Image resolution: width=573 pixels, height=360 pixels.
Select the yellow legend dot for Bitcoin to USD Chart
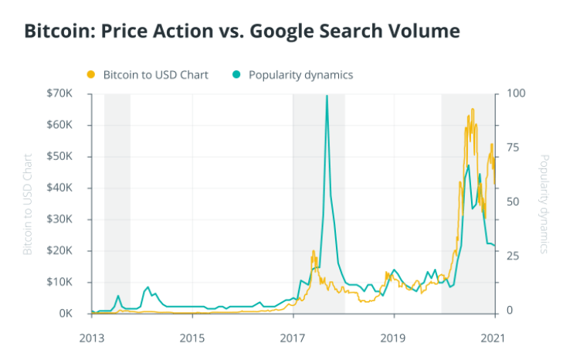tap(90, 75)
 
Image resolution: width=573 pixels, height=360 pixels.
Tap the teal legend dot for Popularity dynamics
tap(236, 75)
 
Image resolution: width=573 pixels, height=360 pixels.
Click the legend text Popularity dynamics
tap(300, 75)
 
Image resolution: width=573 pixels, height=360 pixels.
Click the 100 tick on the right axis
tap(514, 93)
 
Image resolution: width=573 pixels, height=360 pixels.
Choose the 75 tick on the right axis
tap(511, 148)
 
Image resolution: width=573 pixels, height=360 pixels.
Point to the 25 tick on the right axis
tap(511, 256)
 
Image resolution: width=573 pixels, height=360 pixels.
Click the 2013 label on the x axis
tap(92, 338)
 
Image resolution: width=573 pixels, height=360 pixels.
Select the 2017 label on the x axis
tap(293, 338)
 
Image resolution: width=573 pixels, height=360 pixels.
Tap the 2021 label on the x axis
tap(493, 338)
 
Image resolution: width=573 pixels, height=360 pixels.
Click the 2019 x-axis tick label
tap(393, 338)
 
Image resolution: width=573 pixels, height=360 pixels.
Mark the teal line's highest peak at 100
tap(327, 96)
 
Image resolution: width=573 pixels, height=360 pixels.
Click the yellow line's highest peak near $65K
tap(472, 110)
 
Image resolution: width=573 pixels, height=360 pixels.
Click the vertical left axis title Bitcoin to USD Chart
tap(28, 204)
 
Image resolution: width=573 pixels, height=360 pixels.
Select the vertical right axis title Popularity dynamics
tap(544, 204)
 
